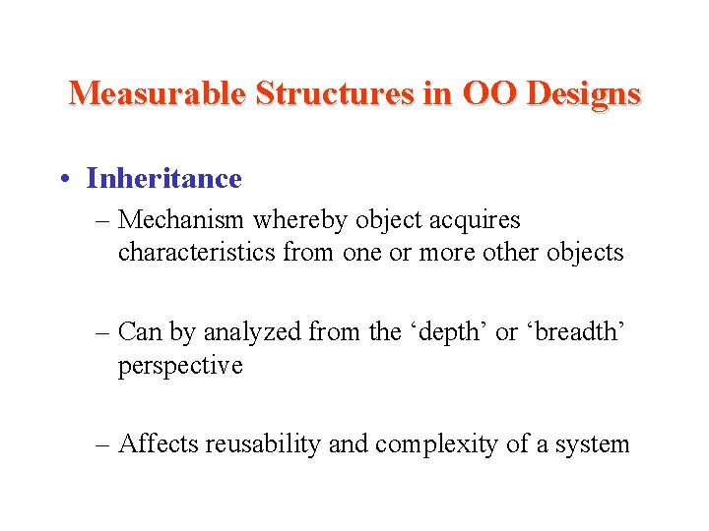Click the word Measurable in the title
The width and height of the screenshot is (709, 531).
[x=158, y=93]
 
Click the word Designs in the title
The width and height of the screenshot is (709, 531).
[x=584, y=94]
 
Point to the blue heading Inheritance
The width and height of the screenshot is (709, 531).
[x=163, y=178]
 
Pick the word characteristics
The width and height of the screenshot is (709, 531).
[x=197, y=253]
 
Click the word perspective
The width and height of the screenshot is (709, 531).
[x=179, y=366]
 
